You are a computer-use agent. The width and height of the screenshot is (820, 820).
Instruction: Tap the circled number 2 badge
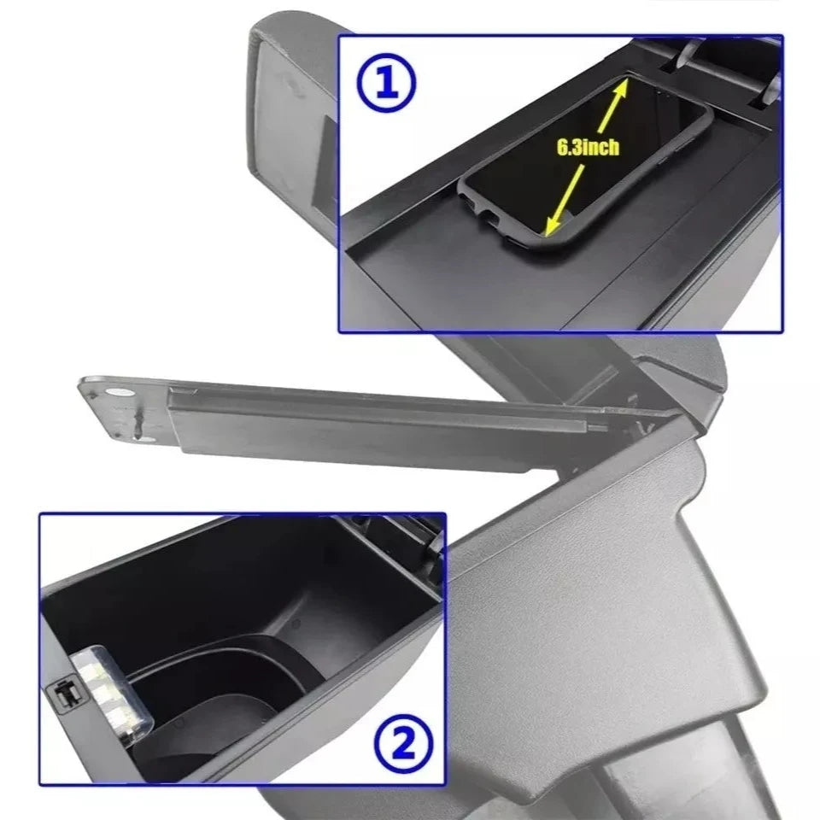[x=404, y=744]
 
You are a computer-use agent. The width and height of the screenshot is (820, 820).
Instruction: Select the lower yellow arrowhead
[x=553, y=225]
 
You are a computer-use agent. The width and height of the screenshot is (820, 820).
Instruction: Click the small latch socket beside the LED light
[x=65, y=695]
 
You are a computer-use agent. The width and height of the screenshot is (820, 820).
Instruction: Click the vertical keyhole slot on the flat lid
[x=138, y=423]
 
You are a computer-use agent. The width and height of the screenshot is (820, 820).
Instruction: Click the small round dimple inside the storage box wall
[x=296, y=624]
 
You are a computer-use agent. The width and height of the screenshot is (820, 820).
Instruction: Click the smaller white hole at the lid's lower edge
[x=148, y=439]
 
